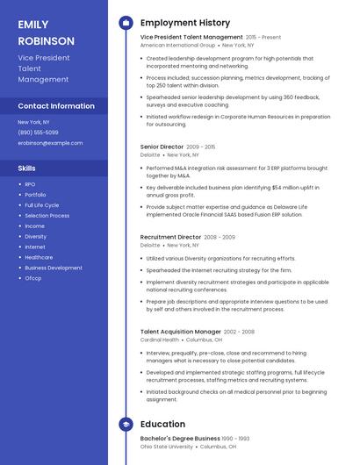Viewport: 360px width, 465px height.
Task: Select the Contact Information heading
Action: click(56, 106)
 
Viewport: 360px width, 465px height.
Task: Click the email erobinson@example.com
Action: click(50, 143)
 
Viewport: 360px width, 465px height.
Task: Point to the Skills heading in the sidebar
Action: click(27, 168)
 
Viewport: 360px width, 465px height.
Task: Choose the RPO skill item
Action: click(30, 184)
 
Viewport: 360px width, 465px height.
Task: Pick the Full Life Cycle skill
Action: click(41, 205)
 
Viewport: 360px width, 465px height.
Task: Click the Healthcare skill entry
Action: click(39, 258)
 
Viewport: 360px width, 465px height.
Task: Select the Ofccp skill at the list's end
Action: click(33, 279)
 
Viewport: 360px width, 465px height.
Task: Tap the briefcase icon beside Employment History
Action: click(126, 23)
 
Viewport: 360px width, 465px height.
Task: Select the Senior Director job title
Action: click(162, 147)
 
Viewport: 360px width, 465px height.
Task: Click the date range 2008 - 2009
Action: click(220, 237)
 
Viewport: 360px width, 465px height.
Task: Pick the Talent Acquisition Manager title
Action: click(180, 332)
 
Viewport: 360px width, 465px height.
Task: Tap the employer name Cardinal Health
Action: click(159, 340)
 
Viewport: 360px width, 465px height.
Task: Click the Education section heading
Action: click(162, 424)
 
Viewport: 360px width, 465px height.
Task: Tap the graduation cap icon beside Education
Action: click(126, 425)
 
